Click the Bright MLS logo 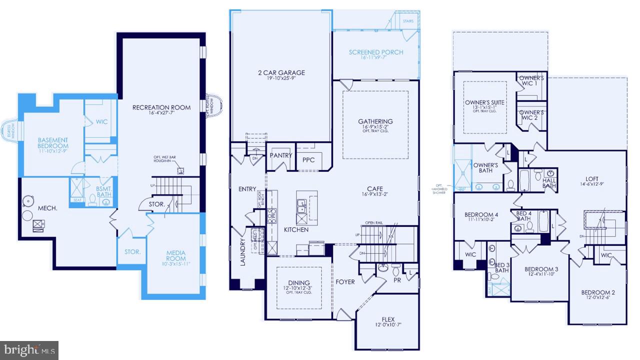point(29,350)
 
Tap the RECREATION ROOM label point(161,107)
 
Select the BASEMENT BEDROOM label point(52,143)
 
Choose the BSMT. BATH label point(103,191)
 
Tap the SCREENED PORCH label point(375,52)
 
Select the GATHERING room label point(375,121)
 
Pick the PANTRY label point(280,155)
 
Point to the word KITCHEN point(296,229)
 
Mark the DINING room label point(298,282)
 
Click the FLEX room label point(388,319)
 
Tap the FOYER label point(345,281)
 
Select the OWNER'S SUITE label point(484,102)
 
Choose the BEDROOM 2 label point(598,292)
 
